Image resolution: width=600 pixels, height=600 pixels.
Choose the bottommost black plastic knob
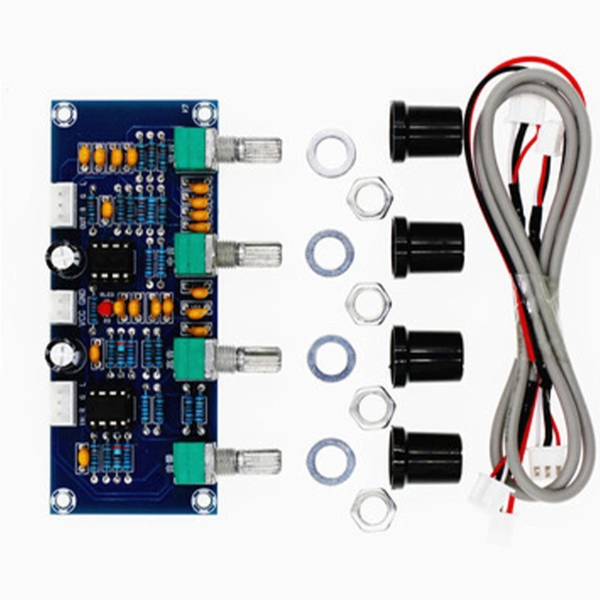click(x=425, y=457)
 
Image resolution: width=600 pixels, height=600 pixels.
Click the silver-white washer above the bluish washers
click(x=330, y=146)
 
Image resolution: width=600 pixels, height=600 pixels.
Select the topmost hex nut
click(x=370, y=198)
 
